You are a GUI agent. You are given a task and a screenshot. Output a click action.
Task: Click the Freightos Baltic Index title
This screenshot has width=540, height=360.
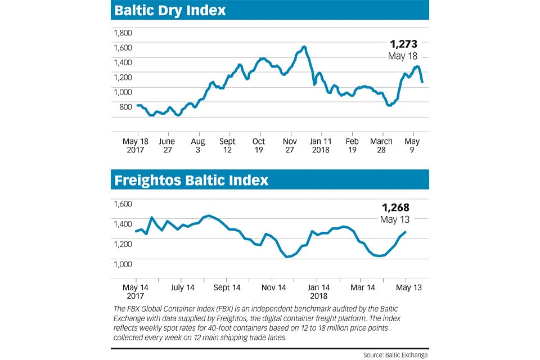(191, 180)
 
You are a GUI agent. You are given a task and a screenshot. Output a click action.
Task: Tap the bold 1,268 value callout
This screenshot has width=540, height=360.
(395, 208)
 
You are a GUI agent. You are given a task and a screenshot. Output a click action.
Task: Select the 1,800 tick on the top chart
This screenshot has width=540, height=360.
(123, 33)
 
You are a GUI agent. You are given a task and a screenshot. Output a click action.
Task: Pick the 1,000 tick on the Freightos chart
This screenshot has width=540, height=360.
(123, 264)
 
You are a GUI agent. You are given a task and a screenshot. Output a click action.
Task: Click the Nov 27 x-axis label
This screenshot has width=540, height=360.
(291, 146)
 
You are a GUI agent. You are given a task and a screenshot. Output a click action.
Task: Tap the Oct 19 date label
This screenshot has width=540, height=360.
(259, 146)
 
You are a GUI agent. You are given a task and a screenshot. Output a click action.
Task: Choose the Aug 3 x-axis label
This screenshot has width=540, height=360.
(198, 146)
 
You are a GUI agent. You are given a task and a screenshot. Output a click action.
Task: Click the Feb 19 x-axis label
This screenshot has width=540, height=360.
(352, 146)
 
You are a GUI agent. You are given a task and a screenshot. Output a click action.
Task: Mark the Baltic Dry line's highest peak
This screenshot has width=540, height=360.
(304, 47)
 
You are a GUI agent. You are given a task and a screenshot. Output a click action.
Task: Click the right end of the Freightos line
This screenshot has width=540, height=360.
(406, 232)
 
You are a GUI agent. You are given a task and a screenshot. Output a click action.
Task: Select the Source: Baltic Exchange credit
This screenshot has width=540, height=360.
(395, 355)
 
